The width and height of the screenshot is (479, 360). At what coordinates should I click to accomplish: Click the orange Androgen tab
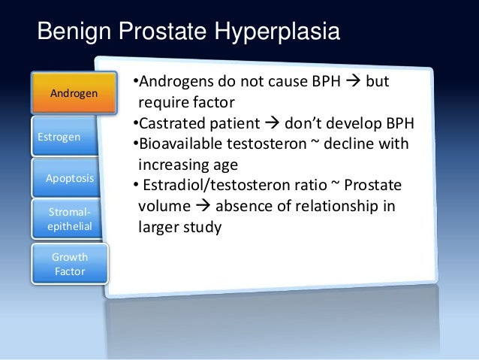point(72,93)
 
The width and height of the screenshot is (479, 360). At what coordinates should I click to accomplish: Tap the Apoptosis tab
point(70,178)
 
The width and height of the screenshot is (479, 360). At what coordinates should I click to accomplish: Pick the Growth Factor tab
point(70,264)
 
